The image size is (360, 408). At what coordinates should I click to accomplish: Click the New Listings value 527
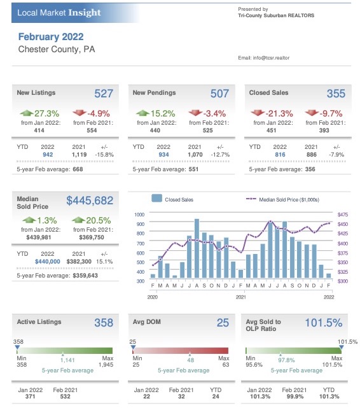point(104,94)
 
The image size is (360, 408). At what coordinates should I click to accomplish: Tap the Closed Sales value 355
point(336,94)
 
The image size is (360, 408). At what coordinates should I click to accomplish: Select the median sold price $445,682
point(90,200)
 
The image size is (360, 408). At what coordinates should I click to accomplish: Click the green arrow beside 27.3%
point(27,113)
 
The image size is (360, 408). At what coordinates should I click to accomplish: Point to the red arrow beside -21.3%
point(258,113)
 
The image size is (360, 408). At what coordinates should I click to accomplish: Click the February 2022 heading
point(51,37)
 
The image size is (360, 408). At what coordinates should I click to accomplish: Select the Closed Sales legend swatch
point(156,199)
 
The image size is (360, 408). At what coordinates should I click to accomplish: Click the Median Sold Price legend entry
point(283,200)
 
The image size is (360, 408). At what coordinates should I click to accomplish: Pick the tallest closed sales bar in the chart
point(197,248)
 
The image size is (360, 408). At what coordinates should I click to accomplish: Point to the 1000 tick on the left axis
point(139,215)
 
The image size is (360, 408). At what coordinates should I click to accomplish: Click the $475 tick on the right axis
point(343,215)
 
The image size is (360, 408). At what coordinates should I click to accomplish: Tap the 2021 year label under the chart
point(240,297)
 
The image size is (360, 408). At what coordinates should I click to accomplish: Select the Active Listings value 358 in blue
point(104,323)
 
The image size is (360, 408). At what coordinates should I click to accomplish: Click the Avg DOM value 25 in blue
point(223,323)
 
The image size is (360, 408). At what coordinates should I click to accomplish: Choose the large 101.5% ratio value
point(324,323)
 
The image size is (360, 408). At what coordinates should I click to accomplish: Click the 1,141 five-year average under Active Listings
point(67,360)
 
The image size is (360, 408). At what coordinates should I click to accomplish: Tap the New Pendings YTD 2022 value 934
point(163,155)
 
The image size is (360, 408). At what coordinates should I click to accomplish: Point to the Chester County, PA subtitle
point(57,49)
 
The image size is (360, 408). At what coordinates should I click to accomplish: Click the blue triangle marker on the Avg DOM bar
point(133,347)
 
